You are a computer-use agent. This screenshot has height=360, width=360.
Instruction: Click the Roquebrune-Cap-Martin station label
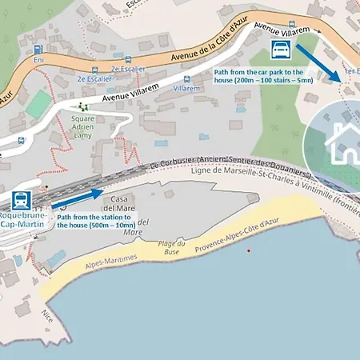[22, 220]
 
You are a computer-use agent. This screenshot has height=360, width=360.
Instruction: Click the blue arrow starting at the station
[81, 196]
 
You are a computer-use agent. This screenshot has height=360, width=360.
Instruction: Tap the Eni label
[38, 60]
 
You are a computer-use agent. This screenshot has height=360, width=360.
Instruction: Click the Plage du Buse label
[169, 247]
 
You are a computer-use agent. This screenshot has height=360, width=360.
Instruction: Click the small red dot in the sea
[249, 251]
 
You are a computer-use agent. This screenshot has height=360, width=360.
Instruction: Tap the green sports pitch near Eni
[38, 102]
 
